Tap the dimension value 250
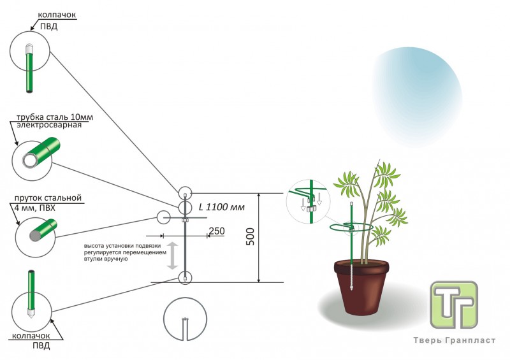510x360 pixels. click(x=216, y=231)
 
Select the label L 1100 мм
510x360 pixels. click(x=221, y=206)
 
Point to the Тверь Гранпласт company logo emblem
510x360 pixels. click(x=453, y=305)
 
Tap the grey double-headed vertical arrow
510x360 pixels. click(x=171, y=255)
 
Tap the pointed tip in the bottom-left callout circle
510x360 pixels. click(x=29, y=313)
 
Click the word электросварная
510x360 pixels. click(x=50, y=126)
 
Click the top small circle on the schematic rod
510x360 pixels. click(x=185, y=192)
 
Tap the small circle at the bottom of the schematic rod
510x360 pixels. click(x=185, y=277)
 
